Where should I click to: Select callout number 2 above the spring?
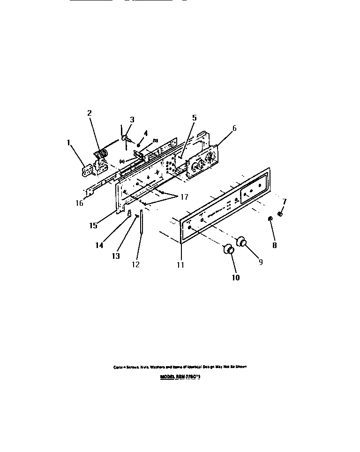pos(89,113)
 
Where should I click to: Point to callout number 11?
pos(180,265)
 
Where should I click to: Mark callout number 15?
pos(93,226)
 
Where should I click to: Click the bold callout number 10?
pos(236,278)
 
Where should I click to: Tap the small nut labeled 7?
pos(280,214)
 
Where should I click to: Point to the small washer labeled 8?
pos(271,219)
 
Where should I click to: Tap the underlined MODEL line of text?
pos(180,376)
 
